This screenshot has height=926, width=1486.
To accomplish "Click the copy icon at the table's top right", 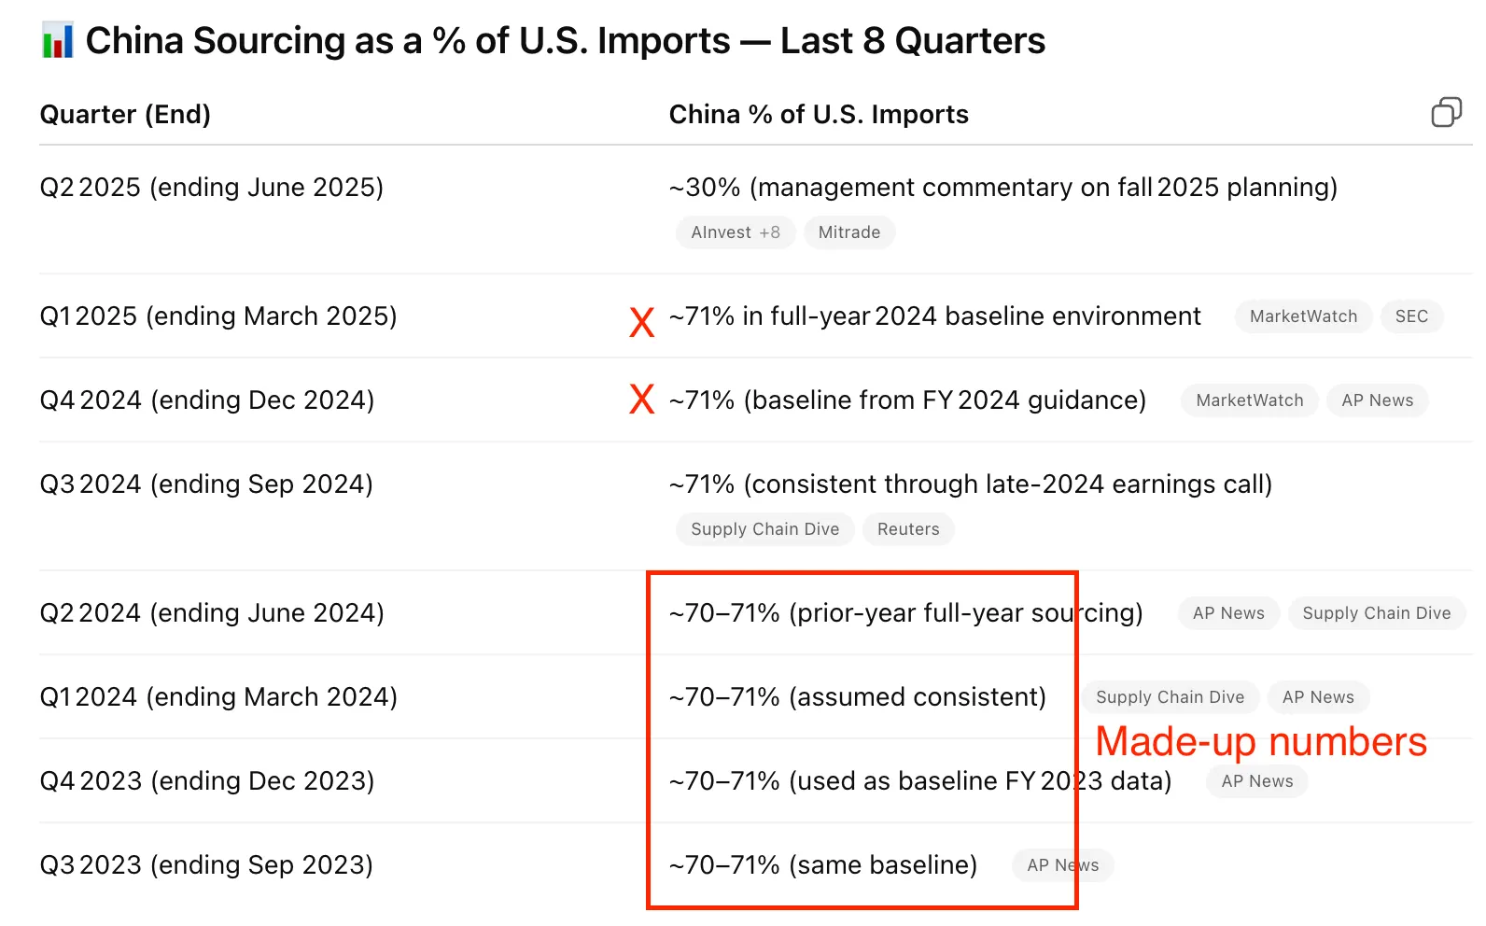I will [x=1446, y=112].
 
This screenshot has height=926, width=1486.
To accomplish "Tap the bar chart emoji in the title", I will [x=58, y=41].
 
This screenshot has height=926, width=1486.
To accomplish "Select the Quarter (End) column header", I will [x=125, y=114].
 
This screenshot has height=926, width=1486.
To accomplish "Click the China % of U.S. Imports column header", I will [x=819, y=114].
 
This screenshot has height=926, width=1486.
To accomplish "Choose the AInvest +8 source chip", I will [x=735, y=232].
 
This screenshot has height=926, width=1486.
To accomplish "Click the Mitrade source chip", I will [x=848, y=232].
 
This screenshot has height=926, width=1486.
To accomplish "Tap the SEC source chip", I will [x=1410, y=316].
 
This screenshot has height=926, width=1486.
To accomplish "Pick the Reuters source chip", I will [x=907, y=529].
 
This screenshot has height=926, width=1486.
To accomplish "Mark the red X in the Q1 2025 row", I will [x=641, y=322].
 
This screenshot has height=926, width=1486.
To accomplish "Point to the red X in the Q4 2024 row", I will [x=641, y=400].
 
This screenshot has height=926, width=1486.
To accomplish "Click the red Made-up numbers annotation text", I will [x=1260, y=742].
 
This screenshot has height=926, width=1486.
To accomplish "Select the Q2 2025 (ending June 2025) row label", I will [x=212, y=188].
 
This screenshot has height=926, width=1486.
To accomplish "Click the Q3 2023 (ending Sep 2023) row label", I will [x=206, y=865].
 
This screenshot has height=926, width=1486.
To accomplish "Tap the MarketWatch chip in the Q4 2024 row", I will [x=1249, y=400].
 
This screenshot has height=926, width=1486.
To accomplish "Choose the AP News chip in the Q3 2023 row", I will [x=1062, y=865].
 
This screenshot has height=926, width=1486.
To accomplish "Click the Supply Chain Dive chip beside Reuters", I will [x=764, y=529].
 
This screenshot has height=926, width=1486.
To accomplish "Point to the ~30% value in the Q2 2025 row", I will [x=705, y=188].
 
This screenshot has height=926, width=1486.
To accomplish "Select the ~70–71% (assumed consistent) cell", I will [x=857, y=697].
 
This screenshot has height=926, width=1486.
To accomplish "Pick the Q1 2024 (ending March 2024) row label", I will [x=218, y=697].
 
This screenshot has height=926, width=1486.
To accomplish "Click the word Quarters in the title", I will [x=970, y=41].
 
